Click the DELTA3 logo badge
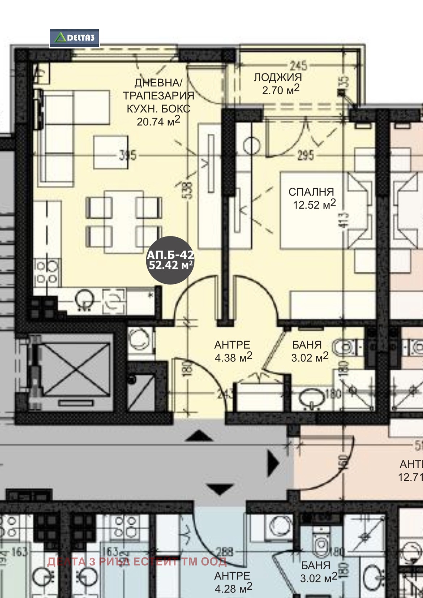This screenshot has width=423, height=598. tap(75, 38)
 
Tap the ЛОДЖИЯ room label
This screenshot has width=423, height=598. tap(278, 77)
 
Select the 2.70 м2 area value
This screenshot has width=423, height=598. tap(281, 90)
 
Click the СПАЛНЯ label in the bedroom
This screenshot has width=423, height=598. tap(311, 192)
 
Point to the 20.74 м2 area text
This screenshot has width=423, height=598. tap(158, 121)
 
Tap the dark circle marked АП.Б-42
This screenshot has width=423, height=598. tap(170, 260)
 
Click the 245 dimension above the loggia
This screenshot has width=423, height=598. tap(299, 65)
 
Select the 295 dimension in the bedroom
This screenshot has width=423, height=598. tap(306, 155)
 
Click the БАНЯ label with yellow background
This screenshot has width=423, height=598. tap(307, 345)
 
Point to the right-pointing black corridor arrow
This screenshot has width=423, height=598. tap(273, 463)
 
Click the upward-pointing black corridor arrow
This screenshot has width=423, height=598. tap(199, 436)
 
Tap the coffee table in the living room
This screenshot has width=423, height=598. tap(111, 152)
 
